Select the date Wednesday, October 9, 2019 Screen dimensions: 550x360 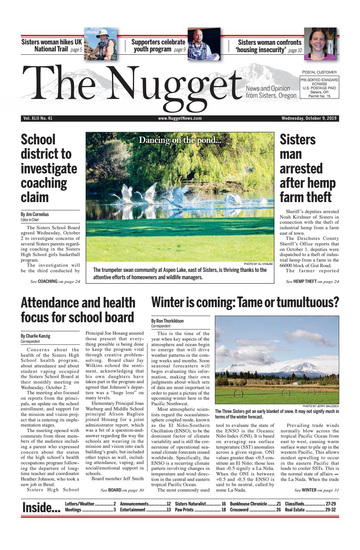click(x=310, y=118)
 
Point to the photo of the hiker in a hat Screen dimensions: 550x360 click(x=100, y=43)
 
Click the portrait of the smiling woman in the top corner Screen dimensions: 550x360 click(x=315, y=44)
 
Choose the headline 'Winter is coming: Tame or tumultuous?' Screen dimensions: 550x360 click(x=245, y=303)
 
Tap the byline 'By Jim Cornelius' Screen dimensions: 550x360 click(x=35, y=214)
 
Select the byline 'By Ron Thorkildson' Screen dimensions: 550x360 click(x=168, y=321)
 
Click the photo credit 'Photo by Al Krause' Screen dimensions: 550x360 click(x=258, y=264)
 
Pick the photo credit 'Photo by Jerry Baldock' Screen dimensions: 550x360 click(x=321, y=406)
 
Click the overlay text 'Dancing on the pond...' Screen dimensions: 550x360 click(x=180, y=140)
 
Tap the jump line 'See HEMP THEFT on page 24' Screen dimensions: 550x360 click(x=312, y=281)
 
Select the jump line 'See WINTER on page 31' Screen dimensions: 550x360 click(x=316, y=490)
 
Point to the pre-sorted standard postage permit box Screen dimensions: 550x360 click(x=319, y=87)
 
